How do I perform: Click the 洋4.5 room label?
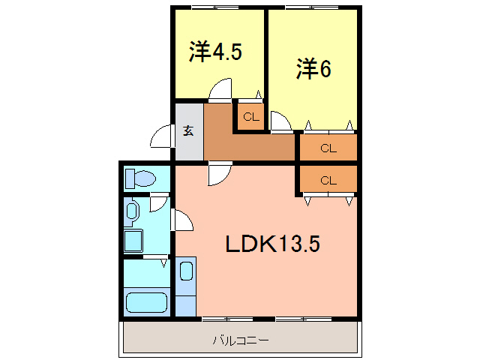[215, 52]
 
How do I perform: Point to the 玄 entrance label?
[188, 130]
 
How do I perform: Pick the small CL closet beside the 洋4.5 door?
[250, 116]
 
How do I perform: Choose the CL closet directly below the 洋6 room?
[328, 148]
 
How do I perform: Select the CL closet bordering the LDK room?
[328, 180]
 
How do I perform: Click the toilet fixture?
[140, 178]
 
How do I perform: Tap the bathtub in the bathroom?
[146, 303]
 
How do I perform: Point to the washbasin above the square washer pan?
[133, 210]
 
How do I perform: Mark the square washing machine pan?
[134, 241]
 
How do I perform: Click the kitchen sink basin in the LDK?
[187, 271]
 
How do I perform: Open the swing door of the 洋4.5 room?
[220, 92]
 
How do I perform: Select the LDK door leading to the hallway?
[219, 173]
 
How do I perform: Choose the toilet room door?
[159, 202]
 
